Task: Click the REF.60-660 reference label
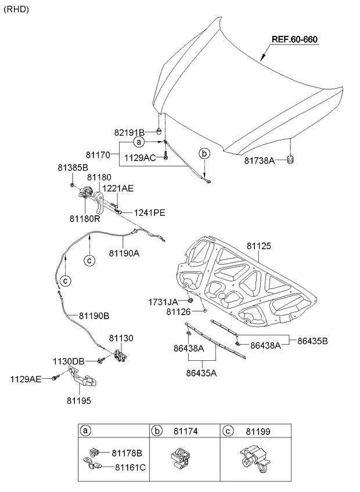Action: pos(295,39)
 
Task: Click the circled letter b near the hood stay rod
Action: pos(204,154)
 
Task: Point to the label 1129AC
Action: pos(141,157)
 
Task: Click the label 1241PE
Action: pos(149,213)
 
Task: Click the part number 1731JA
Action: pos(163,302)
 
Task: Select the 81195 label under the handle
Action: pos(78,400)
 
